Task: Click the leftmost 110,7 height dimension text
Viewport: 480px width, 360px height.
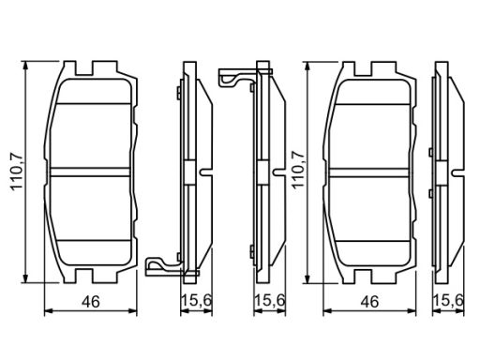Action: click(17, 172)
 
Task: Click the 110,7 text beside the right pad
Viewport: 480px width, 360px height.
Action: click(298, 170)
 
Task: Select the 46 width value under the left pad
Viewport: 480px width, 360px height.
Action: click(91, 302)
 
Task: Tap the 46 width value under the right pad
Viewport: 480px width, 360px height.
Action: click(369, 302)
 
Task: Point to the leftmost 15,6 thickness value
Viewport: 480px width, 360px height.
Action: click(197, 301)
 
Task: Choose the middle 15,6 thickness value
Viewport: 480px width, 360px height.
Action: click(270, 301)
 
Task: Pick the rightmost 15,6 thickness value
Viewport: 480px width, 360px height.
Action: click(448, 301)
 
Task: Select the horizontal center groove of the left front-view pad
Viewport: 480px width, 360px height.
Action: click(90, 172)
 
